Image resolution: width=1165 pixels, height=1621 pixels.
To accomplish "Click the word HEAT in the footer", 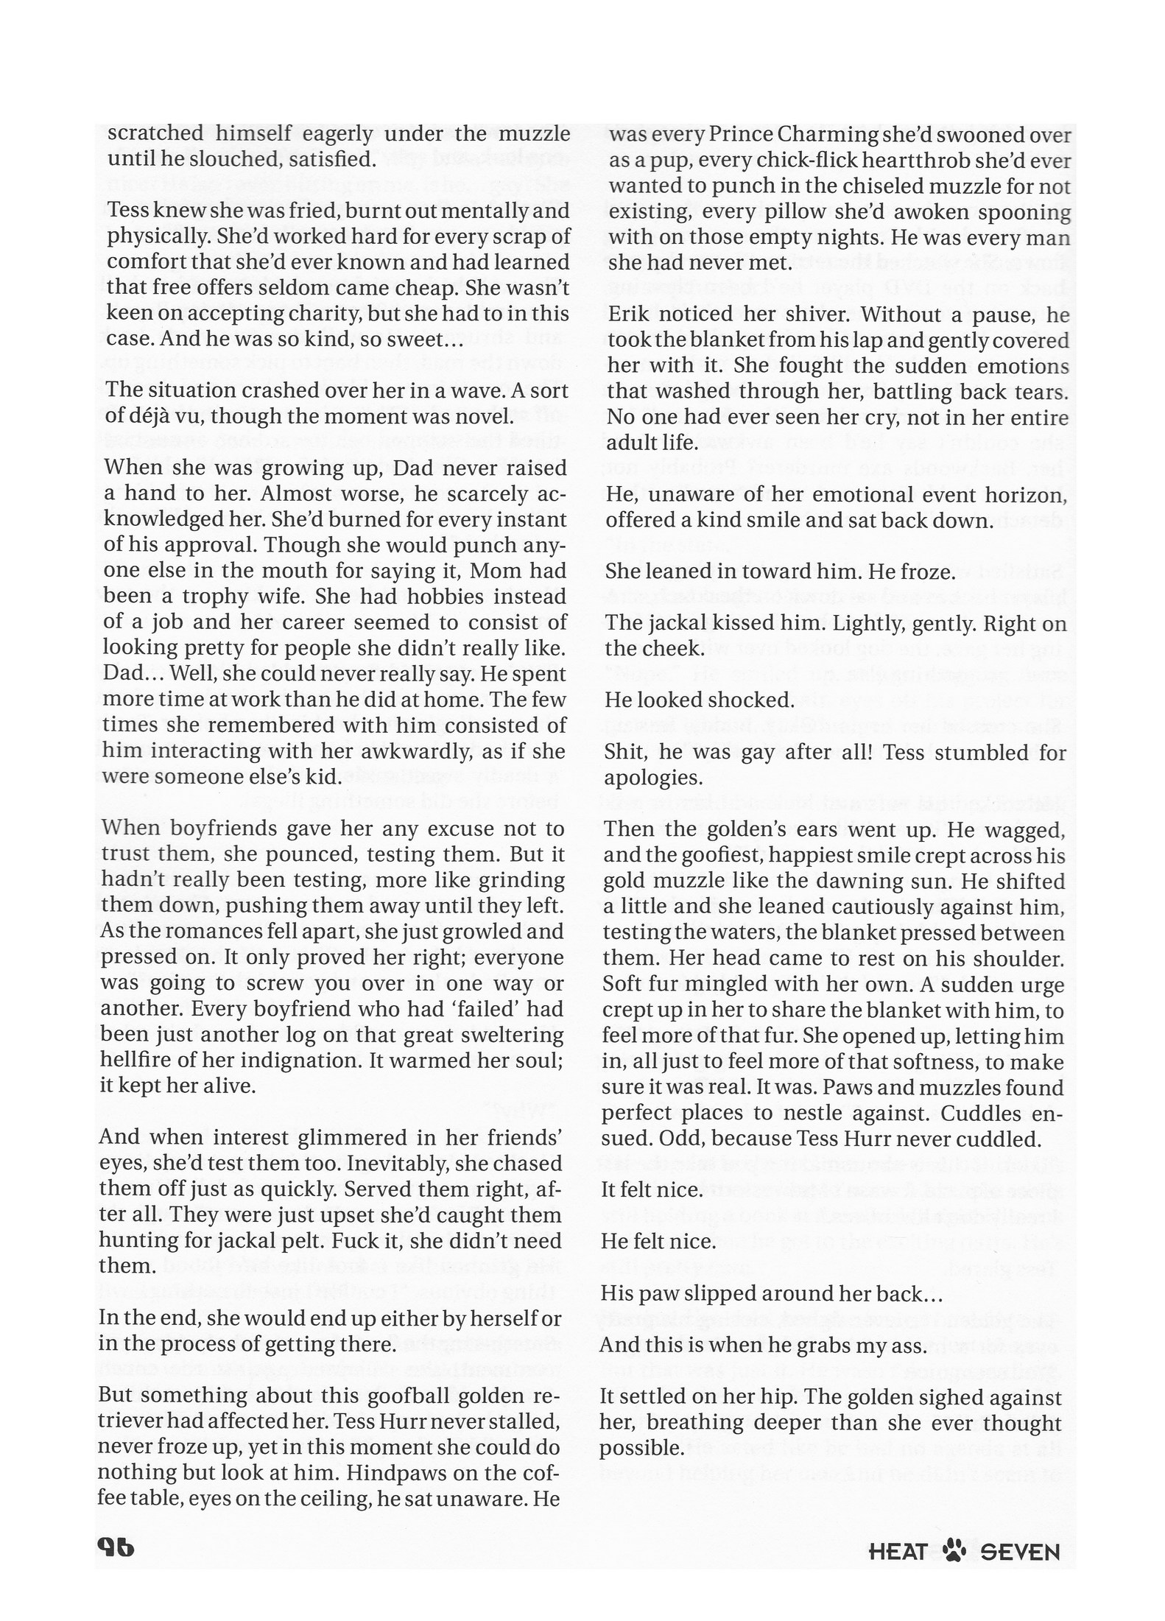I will coord(898,1552).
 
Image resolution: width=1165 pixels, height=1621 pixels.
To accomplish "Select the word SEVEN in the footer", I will coord(1021,1552).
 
